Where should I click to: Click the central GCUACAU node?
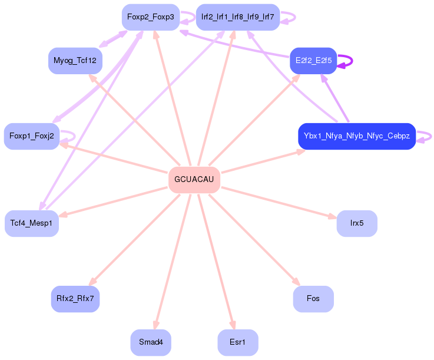(194, 180)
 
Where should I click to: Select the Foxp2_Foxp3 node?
(151, 17)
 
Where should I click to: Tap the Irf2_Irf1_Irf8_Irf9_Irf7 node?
(238, 17)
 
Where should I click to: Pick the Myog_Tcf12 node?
(75, 61)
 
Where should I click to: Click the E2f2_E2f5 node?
(313, 61)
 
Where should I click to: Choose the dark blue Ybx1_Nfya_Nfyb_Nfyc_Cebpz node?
(357, 136)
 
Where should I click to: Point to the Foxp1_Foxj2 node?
(32, 136)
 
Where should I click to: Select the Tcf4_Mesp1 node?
(32, 223)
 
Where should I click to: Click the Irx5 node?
(357, 223)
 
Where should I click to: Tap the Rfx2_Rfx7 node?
(75, 299)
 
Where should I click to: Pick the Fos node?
(313, 299)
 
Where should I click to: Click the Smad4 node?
(151, 342)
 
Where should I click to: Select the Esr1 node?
(238, 342)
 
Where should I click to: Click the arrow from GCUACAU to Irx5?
(279, 203)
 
